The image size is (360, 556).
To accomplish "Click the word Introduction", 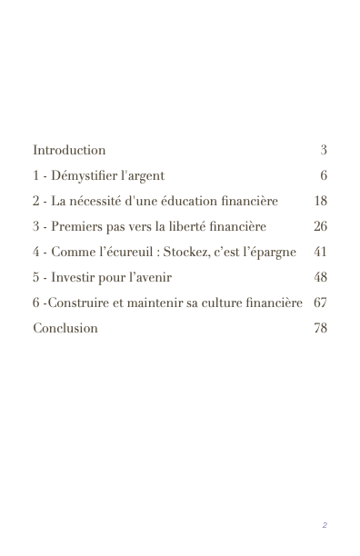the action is click(69, 150).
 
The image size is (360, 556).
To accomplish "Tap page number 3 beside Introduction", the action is click(323, 150).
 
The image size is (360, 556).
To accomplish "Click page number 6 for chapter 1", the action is click(323, 175).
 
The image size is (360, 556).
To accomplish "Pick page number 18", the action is click(320, 201).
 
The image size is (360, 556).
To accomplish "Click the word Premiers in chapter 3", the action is click(76, 226).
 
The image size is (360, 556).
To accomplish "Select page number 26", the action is click(320, 226).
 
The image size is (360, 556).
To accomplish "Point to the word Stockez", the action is click(186, 252).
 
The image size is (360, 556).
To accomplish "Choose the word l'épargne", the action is click(269, 252).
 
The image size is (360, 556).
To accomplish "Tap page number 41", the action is click(320, 252).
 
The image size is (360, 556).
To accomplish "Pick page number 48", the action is click(320, 277).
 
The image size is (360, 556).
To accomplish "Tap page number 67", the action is click(320, 303).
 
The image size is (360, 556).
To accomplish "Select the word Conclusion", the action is click(65, 328).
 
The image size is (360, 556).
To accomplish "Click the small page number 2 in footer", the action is click(325, 525).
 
